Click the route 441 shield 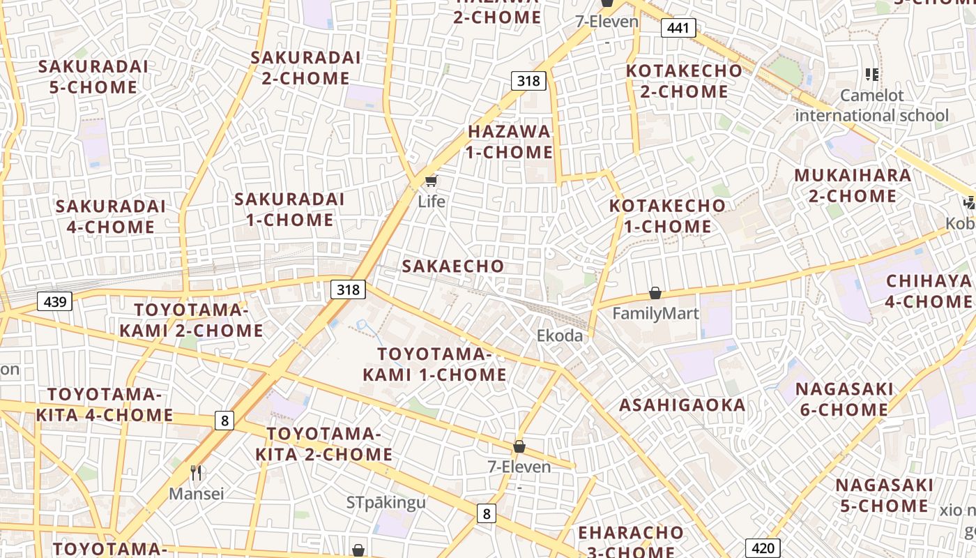pos(678,28)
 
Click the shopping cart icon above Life pos(431,182)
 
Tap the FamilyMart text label pos(655,313)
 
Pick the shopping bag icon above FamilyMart pos(655,293)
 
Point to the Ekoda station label pos(559,335)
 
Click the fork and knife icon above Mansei pos(197,473)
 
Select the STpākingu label pos(386,502)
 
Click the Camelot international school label pos(871,105)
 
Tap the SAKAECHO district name pos(453,266)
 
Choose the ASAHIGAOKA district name pos(683,405)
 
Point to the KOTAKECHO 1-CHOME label pos(667,216)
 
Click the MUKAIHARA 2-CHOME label pos(853,186)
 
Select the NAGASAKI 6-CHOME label pos(844,399)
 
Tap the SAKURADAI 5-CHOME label pos(93,77)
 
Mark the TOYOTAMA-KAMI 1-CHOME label pos(434,365)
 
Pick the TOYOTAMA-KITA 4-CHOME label pos(105,405)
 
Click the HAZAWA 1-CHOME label pos(510,142)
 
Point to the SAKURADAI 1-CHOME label pos(289,209)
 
